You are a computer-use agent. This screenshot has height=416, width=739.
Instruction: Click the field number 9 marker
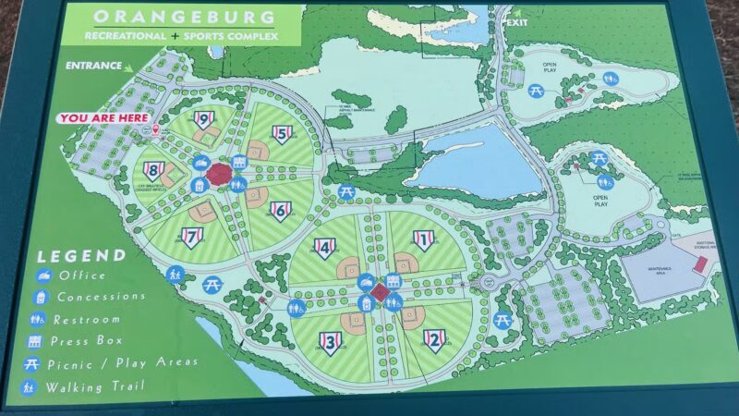click(202, 118)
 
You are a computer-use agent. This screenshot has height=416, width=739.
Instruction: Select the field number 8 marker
click(153, 170)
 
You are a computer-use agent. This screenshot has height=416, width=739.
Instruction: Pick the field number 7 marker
click(192, 238)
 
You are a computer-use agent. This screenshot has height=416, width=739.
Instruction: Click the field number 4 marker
click(323, 247)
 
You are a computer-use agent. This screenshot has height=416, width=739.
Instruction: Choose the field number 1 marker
click(423, 240)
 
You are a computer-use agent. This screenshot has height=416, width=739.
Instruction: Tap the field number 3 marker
click(331, 342)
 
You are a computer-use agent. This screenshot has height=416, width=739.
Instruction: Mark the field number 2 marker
click(434, 340)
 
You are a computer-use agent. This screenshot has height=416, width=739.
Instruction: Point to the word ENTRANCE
click(93, 66)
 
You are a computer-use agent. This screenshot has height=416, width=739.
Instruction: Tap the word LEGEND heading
click(81, 254)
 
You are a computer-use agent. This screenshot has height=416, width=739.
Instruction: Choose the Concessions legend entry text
click(101, 297)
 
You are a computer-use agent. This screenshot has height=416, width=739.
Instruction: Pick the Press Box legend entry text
click(93, 341)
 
